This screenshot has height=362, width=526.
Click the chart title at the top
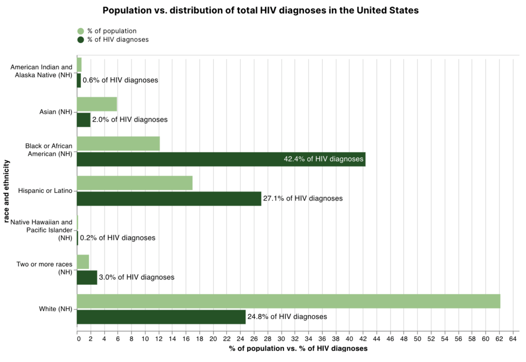pyautogui.click(x=260, y=11)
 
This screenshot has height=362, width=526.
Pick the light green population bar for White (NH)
pyautogui.click(x=288, y=301)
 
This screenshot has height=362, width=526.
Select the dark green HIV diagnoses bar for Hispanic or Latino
pyautogui.click(x=169, y=198)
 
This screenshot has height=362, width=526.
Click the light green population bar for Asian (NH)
pyautogui.click(x=97, y=104)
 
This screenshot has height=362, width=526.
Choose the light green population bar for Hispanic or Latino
pyautogui.click(x=135, y=183)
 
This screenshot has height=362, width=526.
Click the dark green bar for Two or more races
pyautogui.click(x=87, y=278)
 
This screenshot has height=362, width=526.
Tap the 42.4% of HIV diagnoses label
pyautogui.click(x=323, y=159)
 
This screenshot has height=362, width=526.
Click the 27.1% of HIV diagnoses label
pyautogui.click(x=303, y=198)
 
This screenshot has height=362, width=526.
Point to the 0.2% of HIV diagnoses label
pyautogui.click(x=118, y=238)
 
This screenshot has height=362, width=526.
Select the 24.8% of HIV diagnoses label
pyautogui.click(x=287, y=317)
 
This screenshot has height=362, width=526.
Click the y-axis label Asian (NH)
pyautogui.click(x=55, y=112)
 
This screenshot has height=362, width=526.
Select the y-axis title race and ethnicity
pyautogui.click(x=6, y=191)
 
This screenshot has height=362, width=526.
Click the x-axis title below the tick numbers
pyautogui.click(x=298, y=349)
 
